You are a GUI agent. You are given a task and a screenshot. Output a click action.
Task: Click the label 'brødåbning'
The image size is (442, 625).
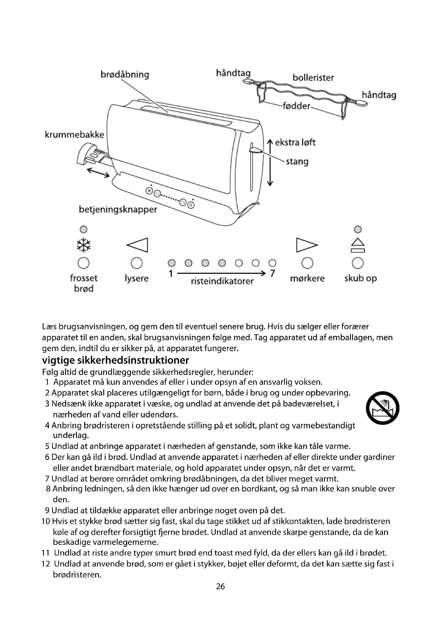(125, 74)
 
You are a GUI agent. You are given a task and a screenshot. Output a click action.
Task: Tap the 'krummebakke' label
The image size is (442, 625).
(74, 134)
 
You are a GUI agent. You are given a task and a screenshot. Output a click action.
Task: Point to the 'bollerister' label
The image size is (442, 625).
(313, 78)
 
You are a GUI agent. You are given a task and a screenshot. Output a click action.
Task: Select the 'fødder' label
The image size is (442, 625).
(296, 106)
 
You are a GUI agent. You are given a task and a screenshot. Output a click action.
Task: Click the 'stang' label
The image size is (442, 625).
(297, 161)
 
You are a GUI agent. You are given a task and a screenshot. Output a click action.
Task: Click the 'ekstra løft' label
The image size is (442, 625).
(295, 142)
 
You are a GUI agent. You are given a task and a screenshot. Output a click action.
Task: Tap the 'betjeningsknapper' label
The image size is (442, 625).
(118, 209)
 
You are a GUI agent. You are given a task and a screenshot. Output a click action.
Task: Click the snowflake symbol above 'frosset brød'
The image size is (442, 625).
(84, 245)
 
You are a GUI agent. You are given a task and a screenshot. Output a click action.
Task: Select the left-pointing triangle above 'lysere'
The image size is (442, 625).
(137, 245)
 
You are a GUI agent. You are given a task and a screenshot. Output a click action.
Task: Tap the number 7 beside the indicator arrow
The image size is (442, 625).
(272, 273)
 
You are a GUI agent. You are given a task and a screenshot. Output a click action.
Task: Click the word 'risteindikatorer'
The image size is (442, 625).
(222, 281)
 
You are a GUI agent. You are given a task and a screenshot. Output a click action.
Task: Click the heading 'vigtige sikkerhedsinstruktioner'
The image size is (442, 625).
(115, 360)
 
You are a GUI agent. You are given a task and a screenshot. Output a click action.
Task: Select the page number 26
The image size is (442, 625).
(220, 586)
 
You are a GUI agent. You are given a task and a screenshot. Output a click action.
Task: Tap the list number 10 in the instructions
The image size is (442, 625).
(46, 521)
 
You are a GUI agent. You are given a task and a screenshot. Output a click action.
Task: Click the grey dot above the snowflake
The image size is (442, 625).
(84, 230)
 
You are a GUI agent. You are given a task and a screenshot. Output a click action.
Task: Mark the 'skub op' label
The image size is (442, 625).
(360, 278)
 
